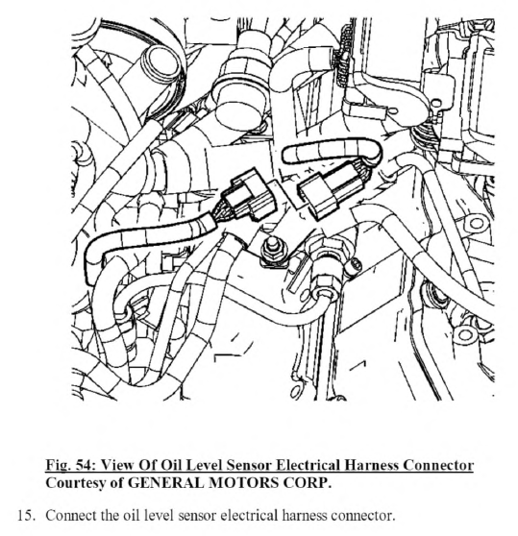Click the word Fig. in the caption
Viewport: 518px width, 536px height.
click(57, 466)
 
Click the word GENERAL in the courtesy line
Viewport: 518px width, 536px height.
click(166, 482)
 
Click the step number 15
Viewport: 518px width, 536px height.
click(26, 515)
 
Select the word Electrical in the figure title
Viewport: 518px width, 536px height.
click(308, 465)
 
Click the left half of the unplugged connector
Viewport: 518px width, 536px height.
click(249, 194)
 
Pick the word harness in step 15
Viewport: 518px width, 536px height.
click(302, 515)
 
